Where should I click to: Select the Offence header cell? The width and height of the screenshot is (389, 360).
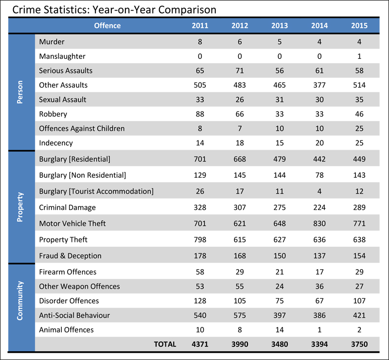(x=107, y=25)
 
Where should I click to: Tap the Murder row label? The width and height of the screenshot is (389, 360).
(x=52, y=42)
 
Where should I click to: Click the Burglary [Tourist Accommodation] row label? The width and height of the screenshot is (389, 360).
(x=96, y=191)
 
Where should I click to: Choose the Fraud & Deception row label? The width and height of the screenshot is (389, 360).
(x=70, y=256)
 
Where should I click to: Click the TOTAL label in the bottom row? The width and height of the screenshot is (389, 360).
(x=165, y=344)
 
